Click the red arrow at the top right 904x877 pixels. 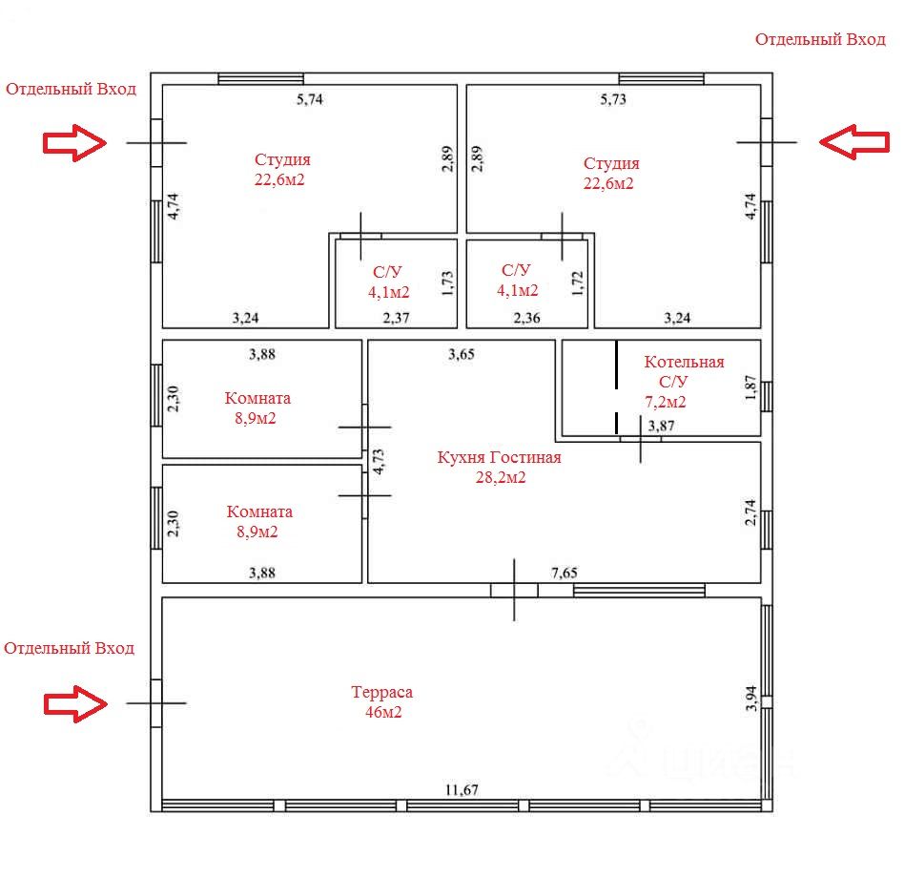pos(854,141)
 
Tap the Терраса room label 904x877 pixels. pos(381,693)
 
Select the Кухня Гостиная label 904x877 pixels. pos(499,458)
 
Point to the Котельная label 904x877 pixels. pos(684,363)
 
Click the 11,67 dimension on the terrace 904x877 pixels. pos(462,790)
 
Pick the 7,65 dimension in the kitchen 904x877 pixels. pos(566,573)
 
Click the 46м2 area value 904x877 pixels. pos(383,712)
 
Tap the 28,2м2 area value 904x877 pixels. pos(501,478)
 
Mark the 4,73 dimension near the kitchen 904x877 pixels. pos(379,462)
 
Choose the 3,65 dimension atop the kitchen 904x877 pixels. pos(462,355)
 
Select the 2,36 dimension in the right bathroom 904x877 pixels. pos(527,318)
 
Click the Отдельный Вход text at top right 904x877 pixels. pos(821,39)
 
